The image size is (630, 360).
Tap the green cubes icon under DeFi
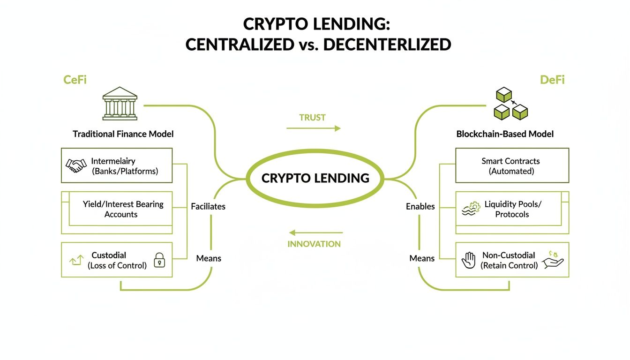(511, 105)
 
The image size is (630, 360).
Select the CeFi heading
(75, 80)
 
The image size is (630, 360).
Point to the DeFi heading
(552, 80)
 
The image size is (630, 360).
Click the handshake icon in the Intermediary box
(76, 165)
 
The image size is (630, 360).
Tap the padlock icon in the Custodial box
(159, 260)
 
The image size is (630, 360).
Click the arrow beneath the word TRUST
(313, 128)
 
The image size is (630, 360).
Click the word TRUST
(312, 118)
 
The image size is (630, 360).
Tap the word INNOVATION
(314, 244)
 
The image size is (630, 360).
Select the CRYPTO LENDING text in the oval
(315, 178)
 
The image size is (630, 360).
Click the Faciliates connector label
(208, 206)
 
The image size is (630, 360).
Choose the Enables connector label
(420, 206)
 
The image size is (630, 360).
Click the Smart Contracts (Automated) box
(512, 165)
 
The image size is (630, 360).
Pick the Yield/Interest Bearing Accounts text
(123, 209)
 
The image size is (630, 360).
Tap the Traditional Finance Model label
(123, 134)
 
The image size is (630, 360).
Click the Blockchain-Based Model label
(505, 134)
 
